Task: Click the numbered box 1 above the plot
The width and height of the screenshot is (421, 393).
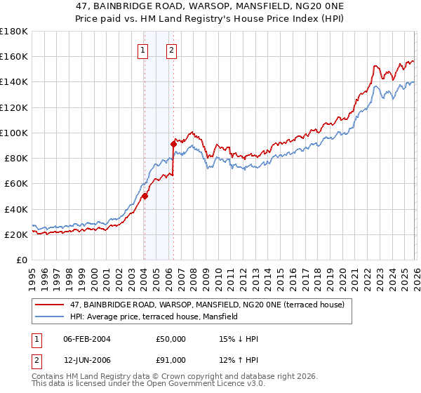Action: [x=143, y=50]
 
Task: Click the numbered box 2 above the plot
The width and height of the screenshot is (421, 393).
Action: [x=171, y=50]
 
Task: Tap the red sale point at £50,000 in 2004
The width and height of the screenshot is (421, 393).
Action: [x=145, y=196]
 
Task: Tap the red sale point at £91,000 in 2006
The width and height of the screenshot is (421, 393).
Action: [x=173, y=144]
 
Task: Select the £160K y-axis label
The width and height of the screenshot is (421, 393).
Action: [x=13, y=56]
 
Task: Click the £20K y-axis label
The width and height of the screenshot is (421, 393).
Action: [x=16, y=235]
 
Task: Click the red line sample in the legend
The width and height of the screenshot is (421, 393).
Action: [x=51, y=305]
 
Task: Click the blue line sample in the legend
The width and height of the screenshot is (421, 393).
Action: [x=51, y=317]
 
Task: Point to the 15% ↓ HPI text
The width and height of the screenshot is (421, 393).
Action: [x=239, y=339]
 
